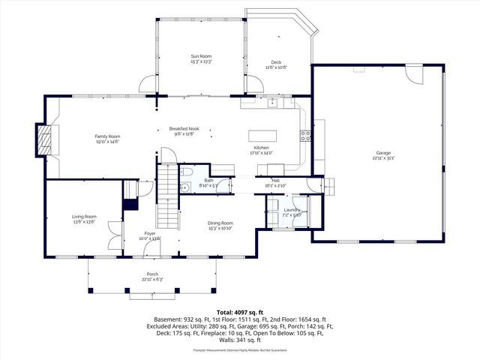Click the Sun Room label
tap(201, 56)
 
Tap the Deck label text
tap(276, 62)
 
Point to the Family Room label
tap(107, 136)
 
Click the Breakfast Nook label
tap(184, 129)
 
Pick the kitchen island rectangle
tap(263, 136)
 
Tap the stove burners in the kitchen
tap(306, 136)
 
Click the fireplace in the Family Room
tap(46, 139)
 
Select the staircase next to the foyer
tap(168, 199)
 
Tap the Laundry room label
tap(292, 210)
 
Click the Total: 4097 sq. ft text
tap(239, 310)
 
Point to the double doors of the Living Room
tap(113, 236)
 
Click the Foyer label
tap(150, 234)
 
